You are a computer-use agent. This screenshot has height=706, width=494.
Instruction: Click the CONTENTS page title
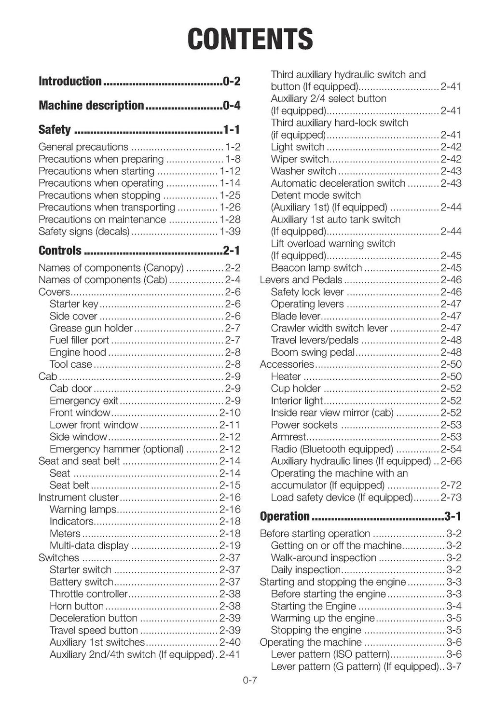250,39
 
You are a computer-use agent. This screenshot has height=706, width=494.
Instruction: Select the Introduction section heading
70,81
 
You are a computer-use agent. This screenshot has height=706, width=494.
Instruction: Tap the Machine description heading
91,105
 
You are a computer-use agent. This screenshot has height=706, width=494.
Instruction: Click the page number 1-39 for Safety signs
230,232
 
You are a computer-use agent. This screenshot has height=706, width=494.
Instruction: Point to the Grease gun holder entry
91,328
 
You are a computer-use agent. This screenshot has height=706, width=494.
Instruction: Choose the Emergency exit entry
84,401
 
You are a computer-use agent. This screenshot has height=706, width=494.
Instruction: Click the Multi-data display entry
89,546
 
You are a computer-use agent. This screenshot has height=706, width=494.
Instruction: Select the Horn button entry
77,606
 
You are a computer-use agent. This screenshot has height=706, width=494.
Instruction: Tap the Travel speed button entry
94,630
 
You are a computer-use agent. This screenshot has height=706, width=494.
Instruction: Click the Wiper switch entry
300,159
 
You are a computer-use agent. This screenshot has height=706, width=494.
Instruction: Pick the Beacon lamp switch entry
316,268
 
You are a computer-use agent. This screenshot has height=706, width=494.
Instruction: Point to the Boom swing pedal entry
313,352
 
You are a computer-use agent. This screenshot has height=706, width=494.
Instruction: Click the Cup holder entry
296,388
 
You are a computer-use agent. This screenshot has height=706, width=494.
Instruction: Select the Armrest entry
288,437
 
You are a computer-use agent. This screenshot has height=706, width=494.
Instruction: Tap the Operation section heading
285,516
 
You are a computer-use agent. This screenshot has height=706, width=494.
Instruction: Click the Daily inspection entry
305,570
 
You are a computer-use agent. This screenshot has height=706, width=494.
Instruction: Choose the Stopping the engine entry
316,630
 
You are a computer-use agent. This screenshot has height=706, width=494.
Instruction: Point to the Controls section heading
60,250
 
